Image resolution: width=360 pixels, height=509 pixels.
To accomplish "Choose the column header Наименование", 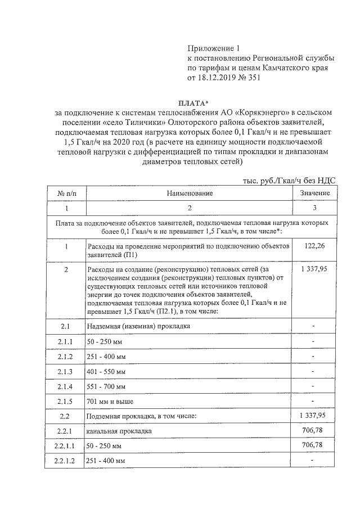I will coord(190,193).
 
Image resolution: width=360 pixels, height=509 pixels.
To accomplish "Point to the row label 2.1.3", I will coord(66,372).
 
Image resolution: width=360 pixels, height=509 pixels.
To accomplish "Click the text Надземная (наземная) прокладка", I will coord(138,327).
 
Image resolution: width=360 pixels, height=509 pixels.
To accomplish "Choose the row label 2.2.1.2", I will coord(66,461).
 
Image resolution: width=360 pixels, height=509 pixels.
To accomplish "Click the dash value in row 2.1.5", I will coord(314,401).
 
